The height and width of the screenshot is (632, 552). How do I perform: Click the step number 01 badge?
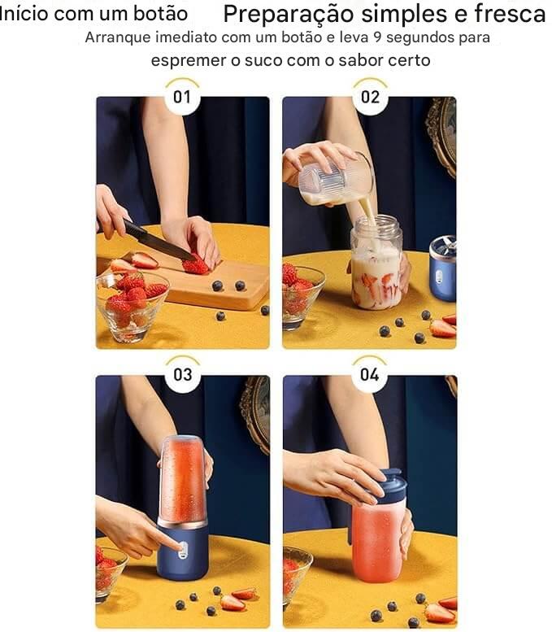tap(182, 97)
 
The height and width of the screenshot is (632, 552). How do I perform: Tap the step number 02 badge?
tap(370, 97)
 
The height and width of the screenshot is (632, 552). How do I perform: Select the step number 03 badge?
tap(183, 375)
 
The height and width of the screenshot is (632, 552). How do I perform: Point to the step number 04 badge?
tap(369, 375)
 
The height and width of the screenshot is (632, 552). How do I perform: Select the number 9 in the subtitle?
tap(377, 37)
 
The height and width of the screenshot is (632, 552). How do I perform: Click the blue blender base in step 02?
tap(442, 269)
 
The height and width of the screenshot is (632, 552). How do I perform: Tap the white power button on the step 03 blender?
tap(183, 550)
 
